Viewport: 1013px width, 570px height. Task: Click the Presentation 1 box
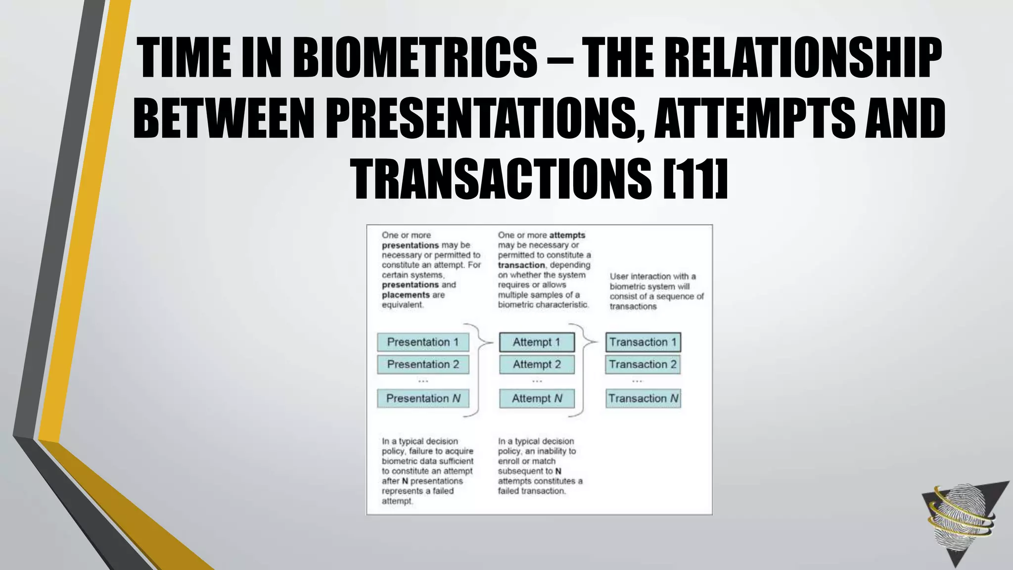[423, 342]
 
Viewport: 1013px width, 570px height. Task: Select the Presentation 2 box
[423, 365]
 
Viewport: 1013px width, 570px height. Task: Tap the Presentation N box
[423, 398]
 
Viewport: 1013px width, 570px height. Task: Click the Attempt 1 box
[537, 342]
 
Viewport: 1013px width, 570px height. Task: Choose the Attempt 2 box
[537, 365]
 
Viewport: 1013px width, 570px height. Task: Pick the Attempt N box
[537, 398]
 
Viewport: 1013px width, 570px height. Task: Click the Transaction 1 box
[643, 342]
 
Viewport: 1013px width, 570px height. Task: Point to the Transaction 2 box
[643, 365]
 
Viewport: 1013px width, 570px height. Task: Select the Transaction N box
[643, 398]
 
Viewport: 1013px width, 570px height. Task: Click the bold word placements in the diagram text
[406, 295]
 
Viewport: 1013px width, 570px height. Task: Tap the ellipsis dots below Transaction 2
[637, 381]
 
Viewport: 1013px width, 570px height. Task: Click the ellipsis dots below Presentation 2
[423, 381]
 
